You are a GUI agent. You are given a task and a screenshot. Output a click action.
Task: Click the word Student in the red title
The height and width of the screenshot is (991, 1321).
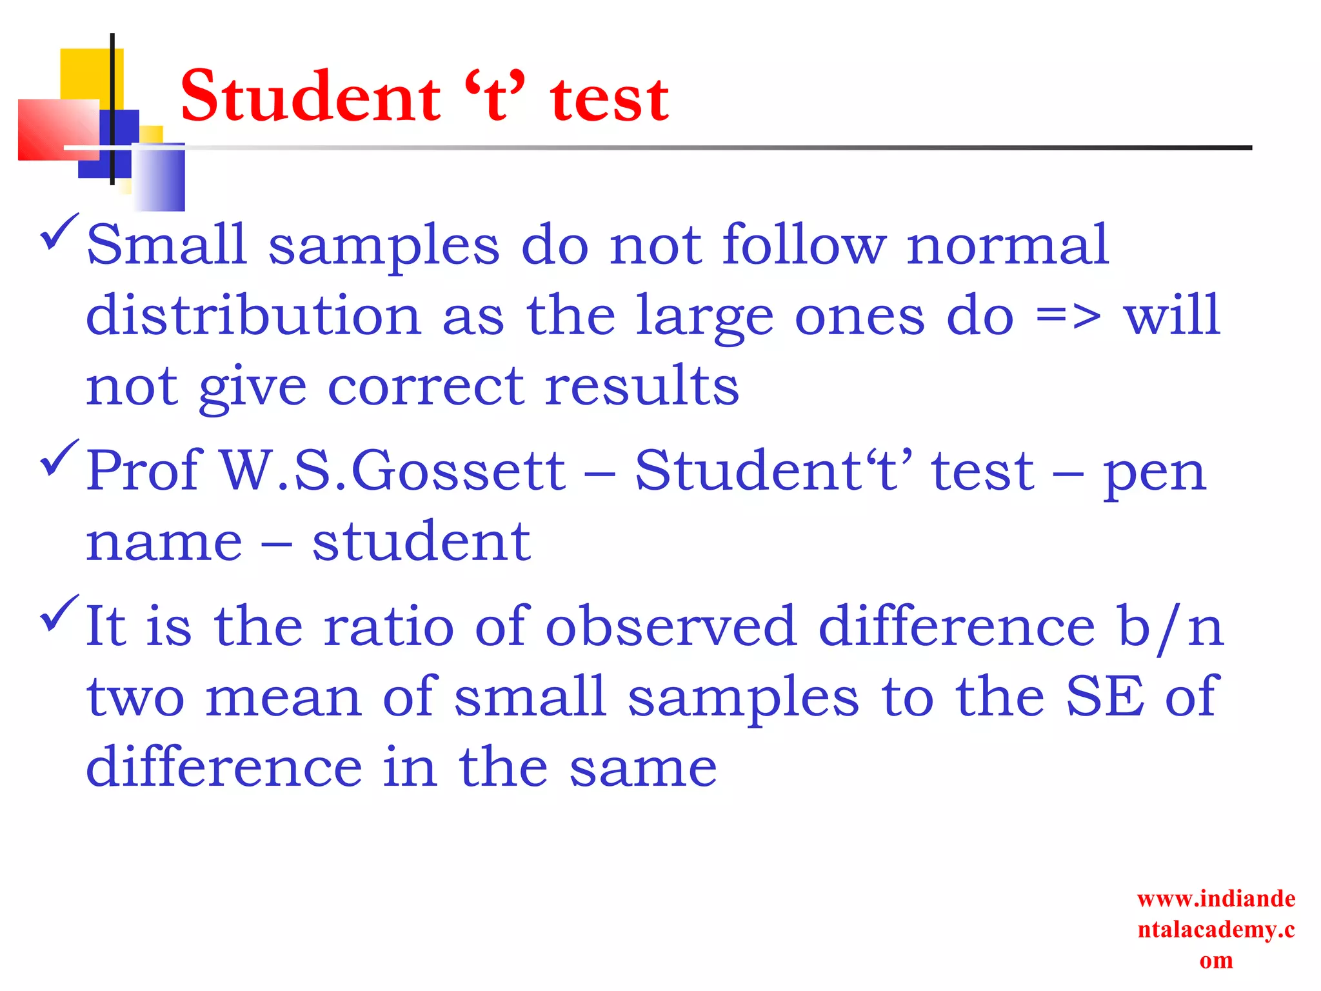pyautogui.click(x=310, y=97)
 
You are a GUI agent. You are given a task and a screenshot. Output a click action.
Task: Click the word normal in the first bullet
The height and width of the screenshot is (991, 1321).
pyautogui.click(x=1008, y=245)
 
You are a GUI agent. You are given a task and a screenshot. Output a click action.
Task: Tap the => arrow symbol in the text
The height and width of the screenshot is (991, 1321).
pyautogui.click(x=1068, y=316)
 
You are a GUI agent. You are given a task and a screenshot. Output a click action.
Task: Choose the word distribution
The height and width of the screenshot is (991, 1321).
pyautogui.click(x=253, y=316)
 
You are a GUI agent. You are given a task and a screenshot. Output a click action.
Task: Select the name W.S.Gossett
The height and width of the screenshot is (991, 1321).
pyautogui.click(x=393, y=471)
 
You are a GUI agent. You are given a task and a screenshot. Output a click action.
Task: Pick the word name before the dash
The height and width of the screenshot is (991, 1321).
pyautogui.click(x=164, y=543)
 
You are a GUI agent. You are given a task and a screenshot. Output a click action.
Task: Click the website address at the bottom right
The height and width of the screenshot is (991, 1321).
pyautogui.click(x=1216, y=929)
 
